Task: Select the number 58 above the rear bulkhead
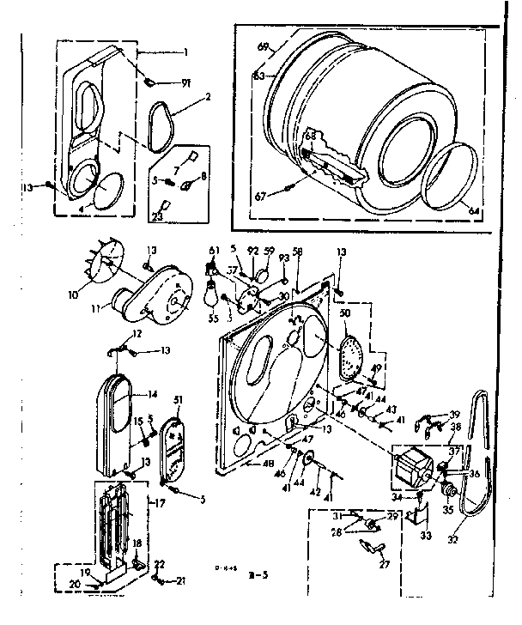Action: point(298,252)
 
